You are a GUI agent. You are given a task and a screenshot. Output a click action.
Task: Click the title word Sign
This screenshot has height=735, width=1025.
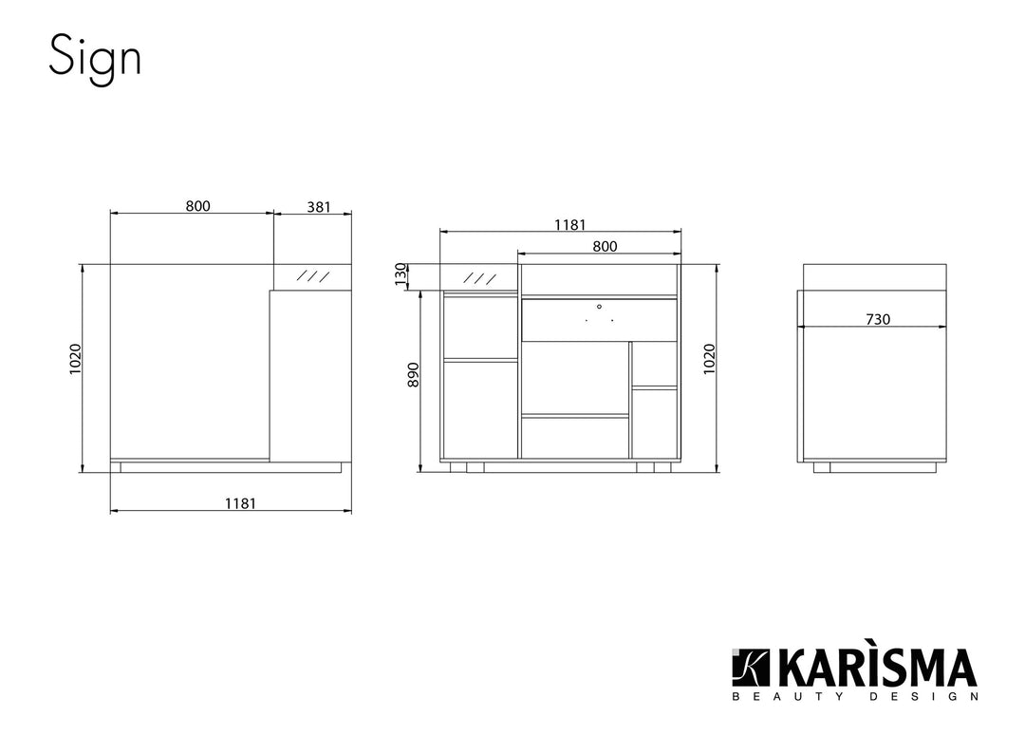point(95,57)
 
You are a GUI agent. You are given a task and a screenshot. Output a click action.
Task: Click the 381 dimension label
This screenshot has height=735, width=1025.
point(318,206)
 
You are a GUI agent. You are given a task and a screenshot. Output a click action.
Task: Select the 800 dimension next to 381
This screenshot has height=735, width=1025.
point(197,206)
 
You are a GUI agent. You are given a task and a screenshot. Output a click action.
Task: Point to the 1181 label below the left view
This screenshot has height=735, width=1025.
point(240,503)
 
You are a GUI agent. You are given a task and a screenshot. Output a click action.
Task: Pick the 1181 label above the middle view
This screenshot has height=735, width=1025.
point(569,225)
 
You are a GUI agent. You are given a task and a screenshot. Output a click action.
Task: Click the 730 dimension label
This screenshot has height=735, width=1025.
point(878,320)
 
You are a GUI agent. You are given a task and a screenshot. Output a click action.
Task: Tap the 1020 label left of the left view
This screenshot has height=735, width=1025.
point(76,359)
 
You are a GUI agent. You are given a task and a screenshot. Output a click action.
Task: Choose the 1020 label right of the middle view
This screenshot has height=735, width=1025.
point(709,359)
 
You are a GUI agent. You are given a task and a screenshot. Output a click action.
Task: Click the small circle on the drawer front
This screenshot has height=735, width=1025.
point(599,307)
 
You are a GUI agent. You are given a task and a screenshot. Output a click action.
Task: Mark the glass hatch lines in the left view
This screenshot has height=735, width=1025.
point(313,276)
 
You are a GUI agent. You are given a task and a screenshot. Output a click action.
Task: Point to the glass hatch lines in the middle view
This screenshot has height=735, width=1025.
point(479,278)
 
